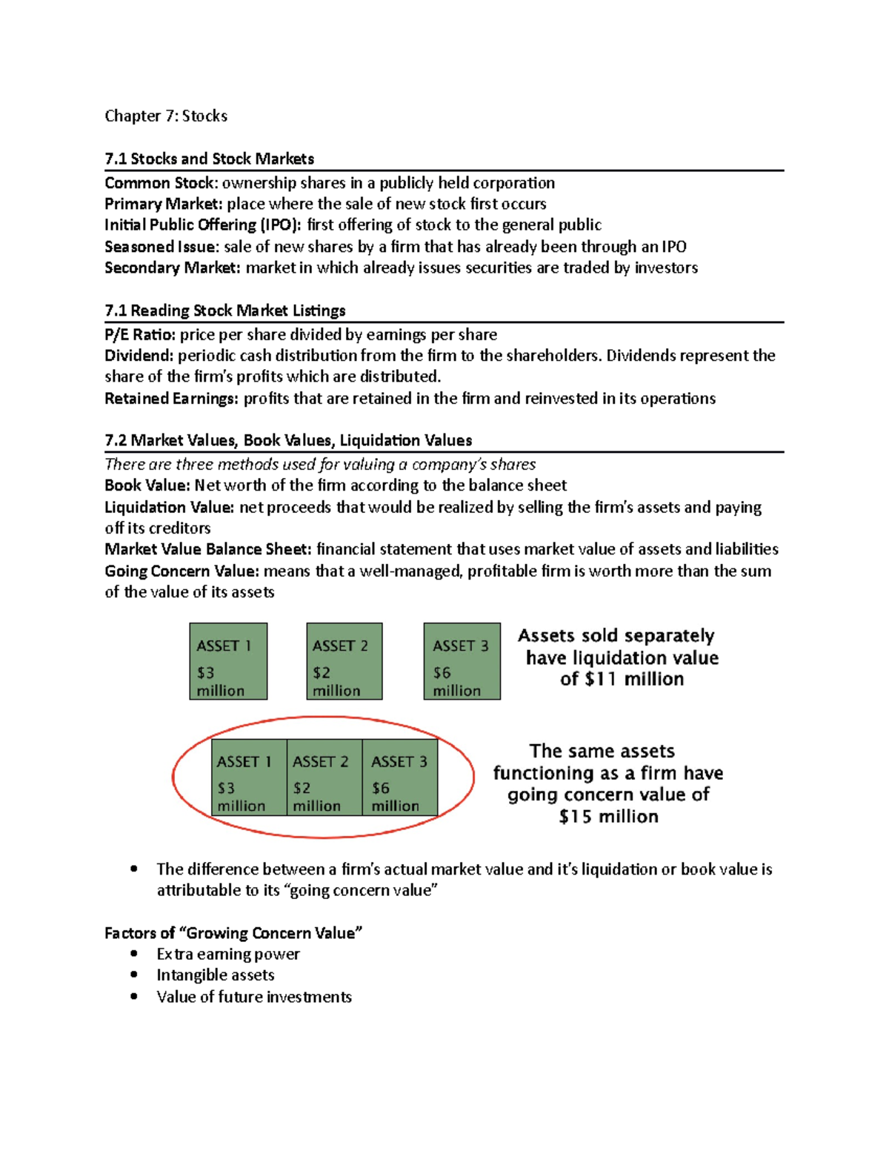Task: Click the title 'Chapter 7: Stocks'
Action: (166, 116)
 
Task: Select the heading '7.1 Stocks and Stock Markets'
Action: (209, 159)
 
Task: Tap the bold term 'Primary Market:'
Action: (163, 204)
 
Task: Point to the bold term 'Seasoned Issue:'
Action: (161, 246)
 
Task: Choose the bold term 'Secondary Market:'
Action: (172, 268)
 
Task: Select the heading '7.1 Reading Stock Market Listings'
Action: (224, 311)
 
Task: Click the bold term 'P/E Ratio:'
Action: (140, 334)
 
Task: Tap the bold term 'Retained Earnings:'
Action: (171, 399)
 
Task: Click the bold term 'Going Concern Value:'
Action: (182, 571)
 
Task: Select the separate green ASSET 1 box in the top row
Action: (228, 661)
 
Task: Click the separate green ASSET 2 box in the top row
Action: (344, 661)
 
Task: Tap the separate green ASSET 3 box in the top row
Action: (462, 661)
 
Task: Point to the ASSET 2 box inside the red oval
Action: (324, 777)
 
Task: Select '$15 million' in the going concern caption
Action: (608, 817)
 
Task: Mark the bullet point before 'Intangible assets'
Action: (134, 975)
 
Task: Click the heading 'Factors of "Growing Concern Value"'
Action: (233, 933)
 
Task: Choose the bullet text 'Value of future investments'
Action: (253, 997)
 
